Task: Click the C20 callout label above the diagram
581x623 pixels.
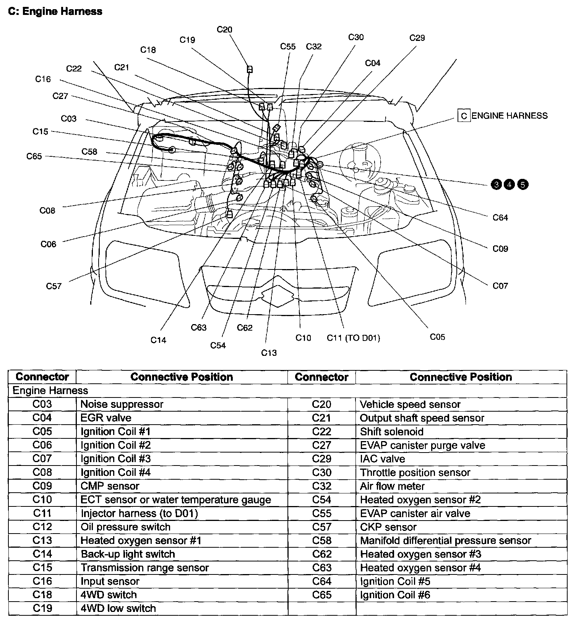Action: click(224, 29)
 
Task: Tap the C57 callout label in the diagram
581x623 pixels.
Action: click(54, 286)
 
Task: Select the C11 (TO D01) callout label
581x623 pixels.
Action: click(353, 338)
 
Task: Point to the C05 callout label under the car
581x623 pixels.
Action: click(437, 337)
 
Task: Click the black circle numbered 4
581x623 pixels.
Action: click(509, 185)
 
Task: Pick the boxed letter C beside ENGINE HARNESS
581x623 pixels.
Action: click(464, 116)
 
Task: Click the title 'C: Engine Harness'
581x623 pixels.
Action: click(55, 11)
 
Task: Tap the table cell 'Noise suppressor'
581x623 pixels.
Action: click(122, 404)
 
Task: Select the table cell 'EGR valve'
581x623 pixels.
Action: click(106, 418)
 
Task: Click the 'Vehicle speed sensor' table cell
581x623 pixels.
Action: click(410, 404)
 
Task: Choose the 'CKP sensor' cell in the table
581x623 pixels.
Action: click(388, 527)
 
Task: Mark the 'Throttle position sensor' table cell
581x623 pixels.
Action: click(415, 472)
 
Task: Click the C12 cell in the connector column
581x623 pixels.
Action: click(42, 527)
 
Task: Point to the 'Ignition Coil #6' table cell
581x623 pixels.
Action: click(395, 595)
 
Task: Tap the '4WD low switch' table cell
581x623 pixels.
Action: click(118, 608)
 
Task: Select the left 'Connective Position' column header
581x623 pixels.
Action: click(182, 377)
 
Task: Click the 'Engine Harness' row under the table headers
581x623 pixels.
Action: click(50, 390)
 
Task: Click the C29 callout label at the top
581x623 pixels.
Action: click(417, 38)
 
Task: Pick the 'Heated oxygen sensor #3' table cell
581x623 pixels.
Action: click(420, 554)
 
